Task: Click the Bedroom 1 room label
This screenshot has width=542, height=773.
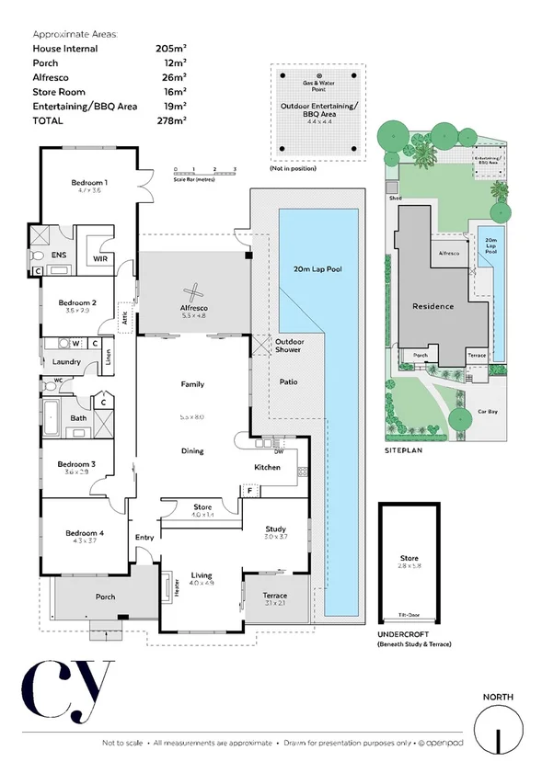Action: pyautogui.click(x=90, y=182)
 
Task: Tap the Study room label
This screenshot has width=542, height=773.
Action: pyautogui.click(x=275, y=529)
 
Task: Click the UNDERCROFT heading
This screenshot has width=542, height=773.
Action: pyautogui.click(x=404, y=636)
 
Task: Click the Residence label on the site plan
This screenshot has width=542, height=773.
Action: pyautogui.click(x=432, y=306)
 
